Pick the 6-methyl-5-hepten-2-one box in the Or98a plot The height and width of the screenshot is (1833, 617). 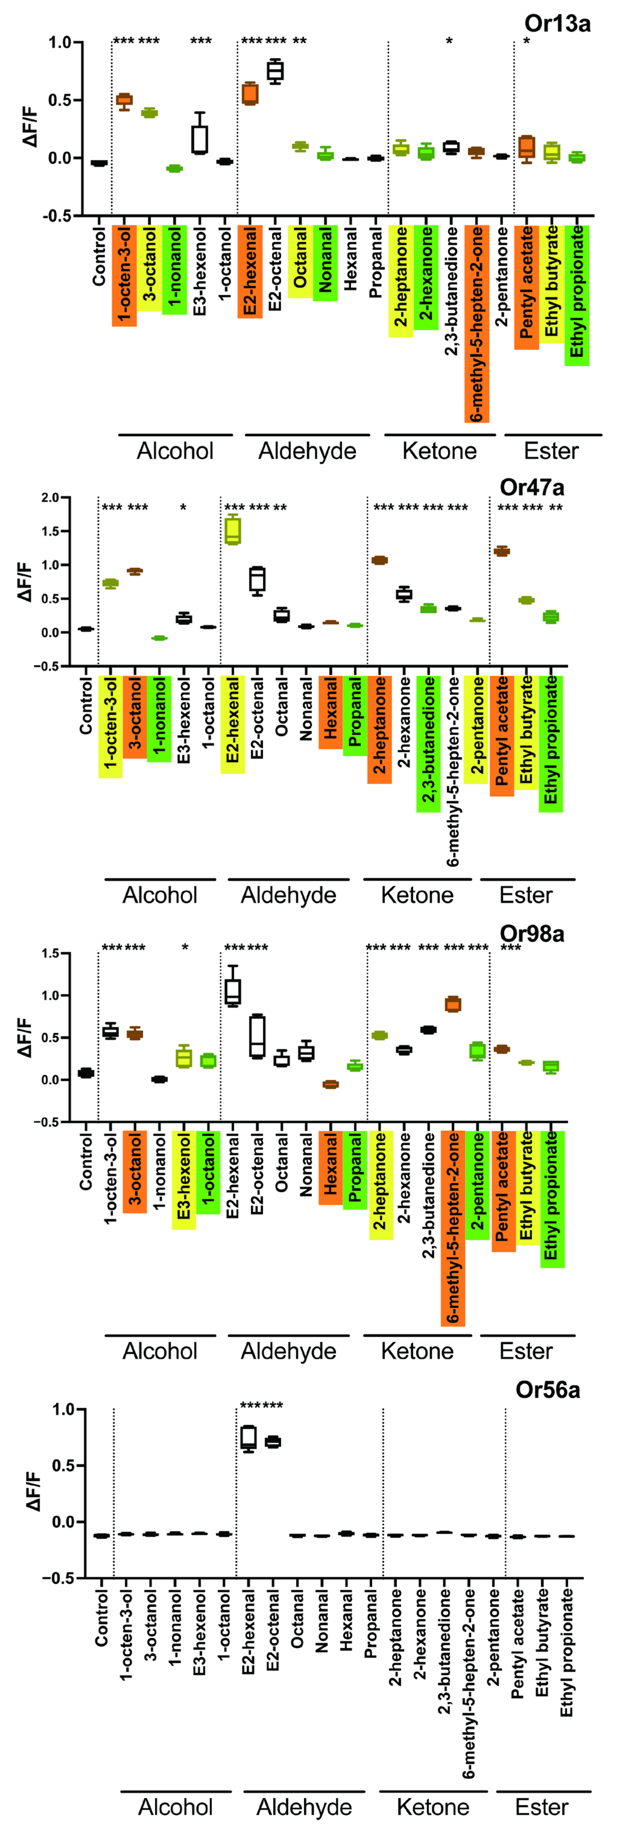click(453, 1004)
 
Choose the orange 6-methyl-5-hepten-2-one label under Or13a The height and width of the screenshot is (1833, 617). click(477, 324)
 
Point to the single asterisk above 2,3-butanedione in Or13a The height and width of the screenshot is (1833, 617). click(450, 41)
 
